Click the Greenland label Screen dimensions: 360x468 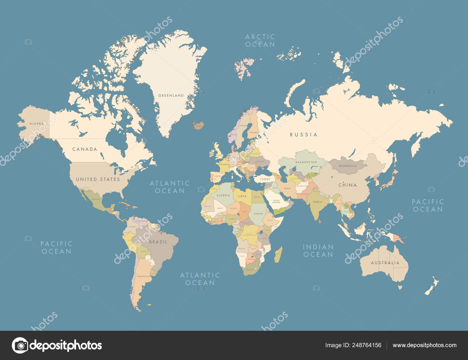[171, 95]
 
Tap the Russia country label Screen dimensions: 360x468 [303, 135]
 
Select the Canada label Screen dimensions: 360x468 [85, 149]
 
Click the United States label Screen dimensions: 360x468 [98, 179]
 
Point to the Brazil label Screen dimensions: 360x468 [158, 242]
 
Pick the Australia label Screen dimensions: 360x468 [385, 263]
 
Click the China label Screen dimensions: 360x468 [347, 185]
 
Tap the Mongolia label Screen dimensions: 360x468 [347, 166]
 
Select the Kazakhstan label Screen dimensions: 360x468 [306, 162]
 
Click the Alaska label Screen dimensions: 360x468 [37, 124]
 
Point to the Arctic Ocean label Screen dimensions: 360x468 [260, 41]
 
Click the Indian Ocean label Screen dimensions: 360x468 [318, 251]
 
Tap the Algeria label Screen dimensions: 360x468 [223, 195]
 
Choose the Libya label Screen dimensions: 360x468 [242, 196]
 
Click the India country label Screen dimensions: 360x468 [317, 202]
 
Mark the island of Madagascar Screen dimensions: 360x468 [278, 254]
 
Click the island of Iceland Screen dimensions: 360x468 [198, 126]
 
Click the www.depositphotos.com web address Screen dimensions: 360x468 [424, 345]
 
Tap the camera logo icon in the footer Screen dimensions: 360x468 [20, 345]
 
